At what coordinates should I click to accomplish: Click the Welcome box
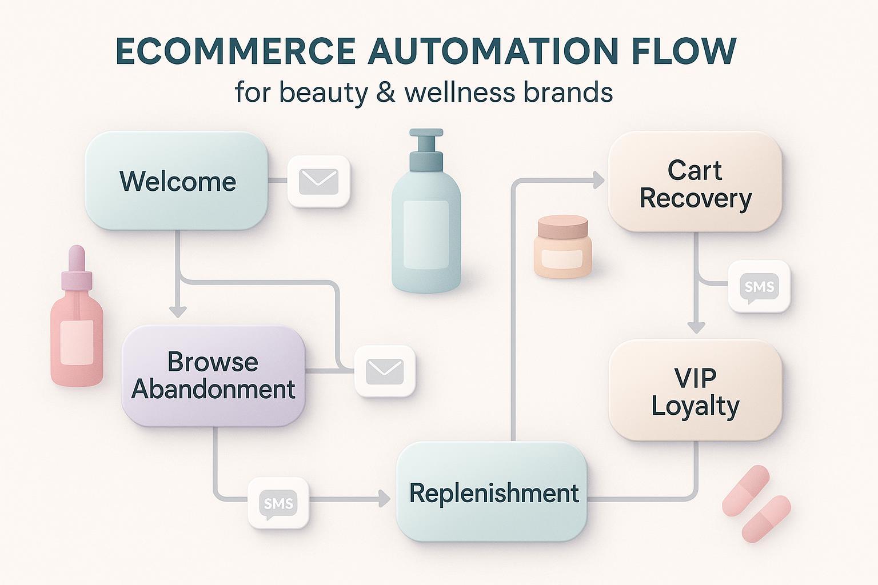pos(177,181)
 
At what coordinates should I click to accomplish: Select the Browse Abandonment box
pos(213,375)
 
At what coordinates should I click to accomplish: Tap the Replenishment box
pos(492,492)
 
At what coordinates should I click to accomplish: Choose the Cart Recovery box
pos(695,182)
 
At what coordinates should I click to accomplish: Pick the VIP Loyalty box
pos(695,390)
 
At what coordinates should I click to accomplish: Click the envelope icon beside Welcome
pos(318,181)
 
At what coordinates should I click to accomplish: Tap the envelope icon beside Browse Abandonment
pos(385,371)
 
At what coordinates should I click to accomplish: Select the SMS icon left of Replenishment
pos(278,503)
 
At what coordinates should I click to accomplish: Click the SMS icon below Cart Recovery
pos(759,286)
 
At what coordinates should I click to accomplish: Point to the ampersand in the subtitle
pos(386,92)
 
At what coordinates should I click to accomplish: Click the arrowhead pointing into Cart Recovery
pos(598,181)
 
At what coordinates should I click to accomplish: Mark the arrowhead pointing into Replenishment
pos(384,499)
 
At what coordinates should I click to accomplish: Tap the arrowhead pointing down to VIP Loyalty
pos(696,327)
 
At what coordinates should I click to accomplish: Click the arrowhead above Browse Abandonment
pos(178,312)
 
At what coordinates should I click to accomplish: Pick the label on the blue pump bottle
pos(426,234)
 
